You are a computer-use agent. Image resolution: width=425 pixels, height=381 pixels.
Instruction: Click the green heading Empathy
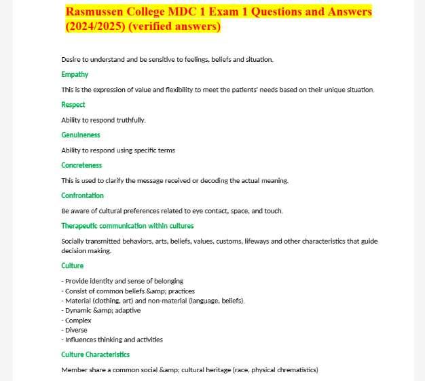(x=75, y=75)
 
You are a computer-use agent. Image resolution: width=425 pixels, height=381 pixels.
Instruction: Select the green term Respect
(x=73, y=105)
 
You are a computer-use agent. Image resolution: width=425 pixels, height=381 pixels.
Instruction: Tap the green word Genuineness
(x=81, y=135)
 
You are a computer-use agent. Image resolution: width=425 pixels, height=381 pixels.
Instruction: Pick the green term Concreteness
(x=81, y=165)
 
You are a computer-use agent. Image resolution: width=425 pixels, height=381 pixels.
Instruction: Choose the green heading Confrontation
(x=82, y=196)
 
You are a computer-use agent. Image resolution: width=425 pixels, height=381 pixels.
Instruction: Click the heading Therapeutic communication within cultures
(x=127, y=226)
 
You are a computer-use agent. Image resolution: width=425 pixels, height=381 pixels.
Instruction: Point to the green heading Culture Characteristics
(x=95, y=354)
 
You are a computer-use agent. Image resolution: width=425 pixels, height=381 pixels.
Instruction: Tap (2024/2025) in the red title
(x=99, y=27)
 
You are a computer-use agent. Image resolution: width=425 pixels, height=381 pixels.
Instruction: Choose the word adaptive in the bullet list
(x=128, y=310)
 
